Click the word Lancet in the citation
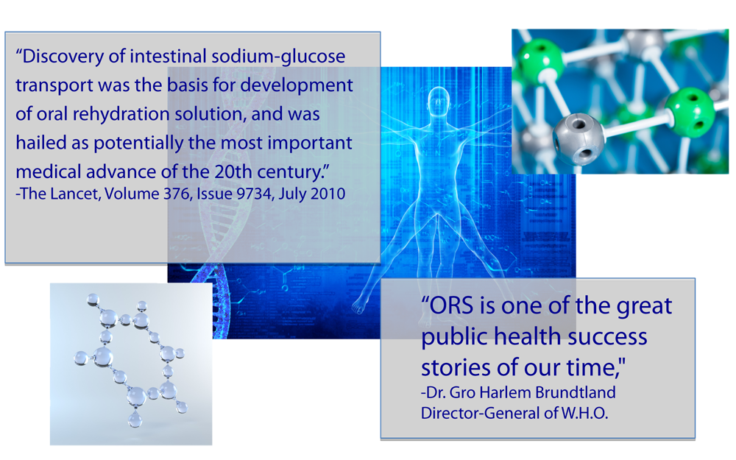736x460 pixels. (x=75, y=194)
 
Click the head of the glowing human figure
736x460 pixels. (x=439, y=100)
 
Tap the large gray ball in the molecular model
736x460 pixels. (x=578, y=138)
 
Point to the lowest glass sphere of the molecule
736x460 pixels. (x=135, y=420)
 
